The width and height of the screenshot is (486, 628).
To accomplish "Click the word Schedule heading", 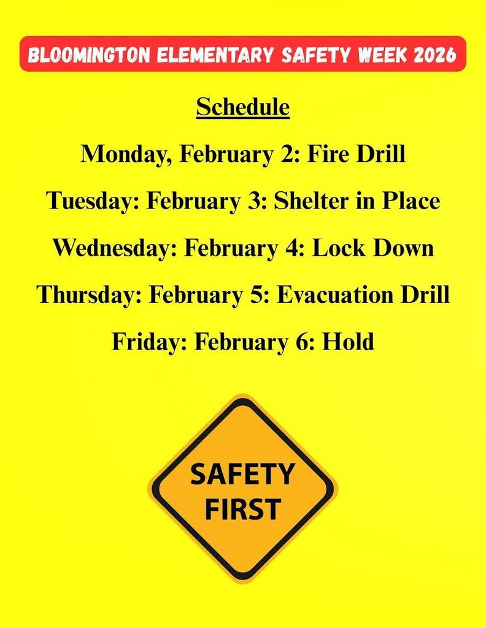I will [x=242, y=107].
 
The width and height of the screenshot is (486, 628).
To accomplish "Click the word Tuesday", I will [x=91, y=201].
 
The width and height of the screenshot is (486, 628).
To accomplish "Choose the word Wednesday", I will [x=114, y=248].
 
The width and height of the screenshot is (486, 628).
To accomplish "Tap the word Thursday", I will [x=90, y=295].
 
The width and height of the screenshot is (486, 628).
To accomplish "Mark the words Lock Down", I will [x=373, y=248].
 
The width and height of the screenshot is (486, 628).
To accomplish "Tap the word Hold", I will [x=349, y=342].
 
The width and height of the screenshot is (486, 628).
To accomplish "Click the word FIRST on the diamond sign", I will [x=242, y=509].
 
